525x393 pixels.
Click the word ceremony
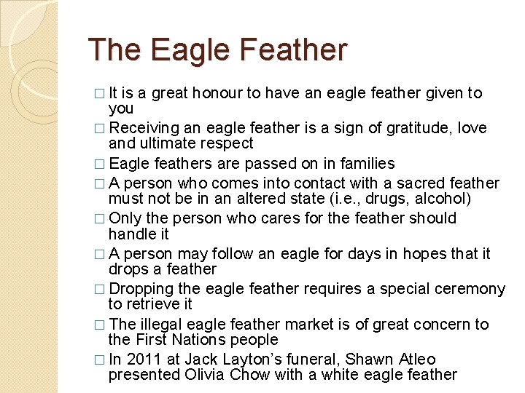[x=472, y=289]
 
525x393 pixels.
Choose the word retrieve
[x=159, y=304]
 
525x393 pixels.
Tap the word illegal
[x=157, y=325]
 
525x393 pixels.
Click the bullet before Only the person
[x=100, y=219]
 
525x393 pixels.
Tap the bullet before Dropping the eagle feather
[x=100, y=290]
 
